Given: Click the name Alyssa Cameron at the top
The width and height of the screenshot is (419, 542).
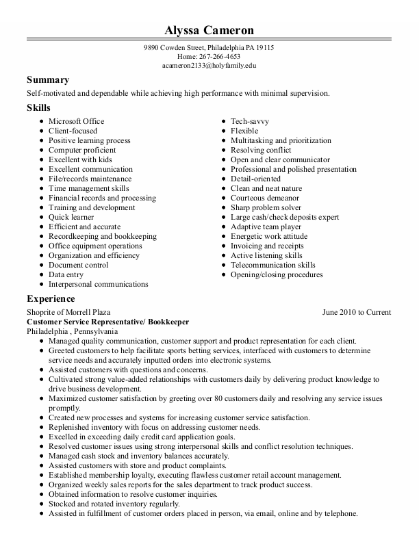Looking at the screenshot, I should pyautogui.click(x=209, y=30).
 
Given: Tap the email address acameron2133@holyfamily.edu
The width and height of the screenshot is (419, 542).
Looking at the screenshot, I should pyautogui.click(x=209, y=66).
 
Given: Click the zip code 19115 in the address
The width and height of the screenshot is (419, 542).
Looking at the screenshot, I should pyautogui.click(x=264, y=48).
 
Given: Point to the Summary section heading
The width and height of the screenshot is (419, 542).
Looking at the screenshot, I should pyautogui.click(x=48, y=79).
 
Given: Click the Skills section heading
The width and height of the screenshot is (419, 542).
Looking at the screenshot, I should pyautogui.click(x=38, y=108).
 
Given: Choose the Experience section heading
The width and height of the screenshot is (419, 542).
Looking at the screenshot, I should pyautogui.click(x=51, y=298).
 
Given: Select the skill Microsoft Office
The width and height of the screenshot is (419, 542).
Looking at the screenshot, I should pyautogui.click(x=76, y=121).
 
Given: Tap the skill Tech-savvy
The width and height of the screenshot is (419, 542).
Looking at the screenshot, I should pyautogui.click(x=249, y=121).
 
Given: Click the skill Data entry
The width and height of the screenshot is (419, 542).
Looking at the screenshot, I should pyautogui.click(x=66, y=274).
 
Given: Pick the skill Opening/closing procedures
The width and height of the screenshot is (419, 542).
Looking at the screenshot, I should pyautogui.click(x=276, y=274).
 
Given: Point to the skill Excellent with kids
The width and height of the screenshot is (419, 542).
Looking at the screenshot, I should pyautogui.click(x=80, y=159).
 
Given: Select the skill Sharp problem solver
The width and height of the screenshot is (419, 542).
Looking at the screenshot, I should pyautogui.click(x=266, y=207).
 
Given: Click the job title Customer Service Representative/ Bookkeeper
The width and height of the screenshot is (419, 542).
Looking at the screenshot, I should pyautogui.click(x=107, y=321).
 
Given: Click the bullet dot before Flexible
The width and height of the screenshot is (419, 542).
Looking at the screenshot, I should pyautogui.click(x=224, y=131).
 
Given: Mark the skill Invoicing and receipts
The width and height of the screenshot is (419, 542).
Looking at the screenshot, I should pyautogui.click(x=266, y=246).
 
